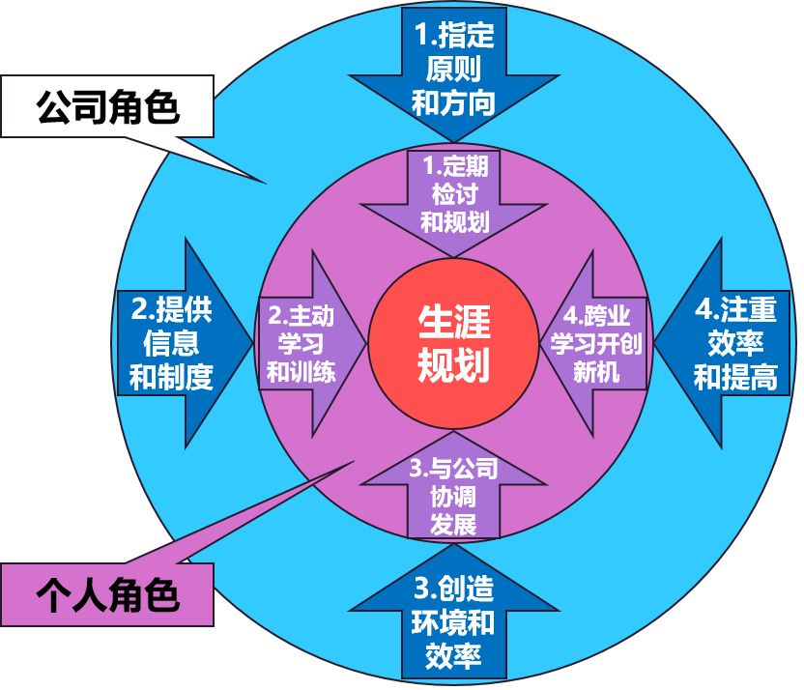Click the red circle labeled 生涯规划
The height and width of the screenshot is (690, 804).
[x=453, y=343]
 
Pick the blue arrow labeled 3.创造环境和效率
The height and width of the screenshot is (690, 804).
[x=453, y=618]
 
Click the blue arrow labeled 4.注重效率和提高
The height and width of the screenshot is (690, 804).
[x=734, y=343]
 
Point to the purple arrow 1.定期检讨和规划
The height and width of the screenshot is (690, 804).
[x=454, y=193]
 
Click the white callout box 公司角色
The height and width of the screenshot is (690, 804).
[x=107, y=105]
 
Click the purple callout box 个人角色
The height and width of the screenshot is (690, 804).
[x=107, y=592]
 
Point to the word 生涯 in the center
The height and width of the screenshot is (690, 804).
[x=453, y=321]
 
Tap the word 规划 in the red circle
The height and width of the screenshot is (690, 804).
[x=453, y=365]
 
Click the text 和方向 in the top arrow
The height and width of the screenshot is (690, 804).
[x=453, y=101]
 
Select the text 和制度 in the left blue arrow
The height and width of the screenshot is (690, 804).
[x=171, y=376]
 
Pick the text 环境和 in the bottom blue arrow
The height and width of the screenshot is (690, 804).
[x=453, y=621]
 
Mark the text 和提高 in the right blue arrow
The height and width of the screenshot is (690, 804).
[x=735, y=376]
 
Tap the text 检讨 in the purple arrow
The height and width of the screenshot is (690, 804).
[x=454, y=193]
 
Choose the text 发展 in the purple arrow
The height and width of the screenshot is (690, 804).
[x=453, y=525]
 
